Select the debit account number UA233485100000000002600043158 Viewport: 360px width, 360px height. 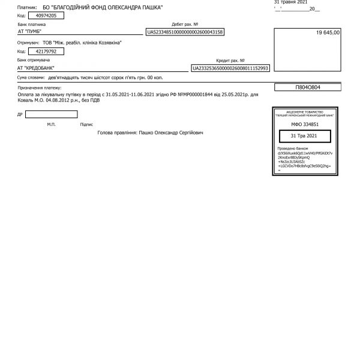pyautogui.click(x=185, y=32)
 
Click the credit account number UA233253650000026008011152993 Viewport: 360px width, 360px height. pyautogui.click(x=230, y=68)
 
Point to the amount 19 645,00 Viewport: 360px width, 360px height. pyautogui.click(x=328, y=32)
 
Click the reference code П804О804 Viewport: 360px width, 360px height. pyautogui.click(x=308, y=88)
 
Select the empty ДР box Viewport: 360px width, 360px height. pyautogui.click(x=51, y=114)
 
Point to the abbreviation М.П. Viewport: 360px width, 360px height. pyautogui.click(x=51, y=124)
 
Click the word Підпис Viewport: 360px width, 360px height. pyautogui.click(x=86, y=124)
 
